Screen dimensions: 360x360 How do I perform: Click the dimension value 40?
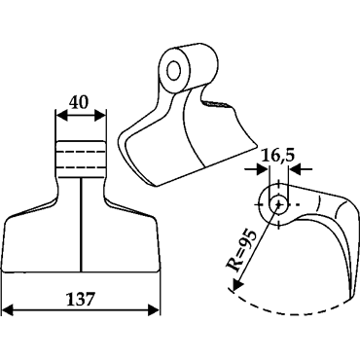click(78, 103)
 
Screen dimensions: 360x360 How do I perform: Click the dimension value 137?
click(80, 299)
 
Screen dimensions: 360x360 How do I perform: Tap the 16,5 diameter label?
click(278, 156)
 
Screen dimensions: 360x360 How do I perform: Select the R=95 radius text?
click(241, 250)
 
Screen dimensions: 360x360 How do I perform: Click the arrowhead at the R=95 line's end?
click(237, 284)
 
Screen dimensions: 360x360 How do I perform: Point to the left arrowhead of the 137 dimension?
click(8, 310)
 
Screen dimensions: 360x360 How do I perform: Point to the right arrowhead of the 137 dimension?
click(154, 310)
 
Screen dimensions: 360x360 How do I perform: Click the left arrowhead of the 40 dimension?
click(61, 116)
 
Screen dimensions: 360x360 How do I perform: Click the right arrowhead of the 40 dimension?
click(100, 116)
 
